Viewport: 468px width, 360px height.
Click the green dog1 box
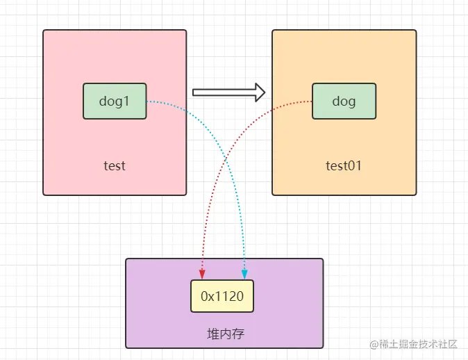coord(115,101)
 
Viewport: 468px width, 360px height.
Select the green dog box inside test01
coord(344,101)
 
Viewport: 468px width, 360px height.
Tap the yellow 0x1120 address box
coord(222,296)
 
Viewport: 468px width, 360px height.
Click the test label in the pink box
coord(115,166)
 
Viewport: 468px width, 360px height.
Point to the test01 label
coord(344,166)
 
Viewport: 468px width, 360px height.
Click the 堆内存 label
coord(226,334)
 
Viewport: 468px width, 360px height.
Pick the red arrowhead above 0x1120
coord(202,274)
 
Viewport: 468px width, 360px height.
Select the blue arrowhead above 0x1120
coord(244,274)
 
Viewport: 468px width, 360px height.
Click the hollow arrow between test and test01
coord(228,92)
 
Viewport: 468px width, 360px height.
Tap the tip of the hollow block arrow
coord(265,92)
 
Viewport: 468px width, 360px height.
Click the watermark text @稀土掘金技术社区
coord(413,344)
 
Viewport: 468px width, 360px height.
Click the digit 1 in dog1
coord(126,101)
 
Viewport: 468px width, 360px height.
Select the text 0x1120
coord(222,296)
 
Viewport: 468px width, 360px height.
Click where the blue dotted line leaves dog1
coord(147,101)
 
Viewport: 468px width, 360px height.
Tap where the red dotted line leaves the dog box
coord(312,101)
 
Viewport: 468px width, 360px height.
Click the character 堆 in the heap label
coord(213,334)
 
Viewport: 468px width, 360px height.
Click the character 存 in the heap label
coord(238,334)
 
